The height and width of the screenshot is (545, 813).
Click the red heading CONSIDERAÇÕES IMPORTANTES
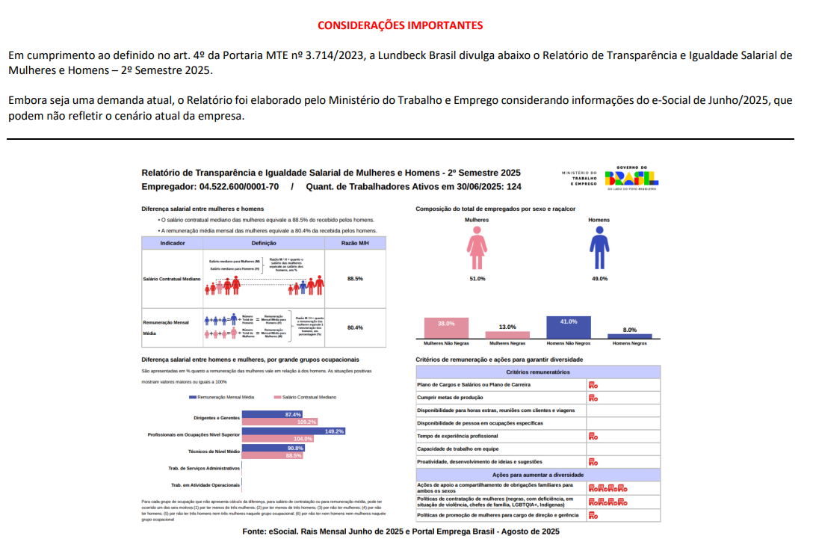pos(400,25)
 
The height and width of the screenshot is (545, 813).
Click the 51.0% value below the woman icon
pos(477,279)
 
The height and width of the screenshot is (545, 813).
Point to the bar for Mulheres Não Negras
pos(446,329)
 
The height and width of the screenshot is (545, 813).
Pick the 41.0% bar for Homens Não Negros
pos(568,327)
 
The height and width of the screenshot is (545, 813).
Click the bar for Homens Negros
pos(629,336)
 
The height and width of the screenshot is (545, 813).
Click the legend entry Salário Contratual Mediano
pos(306,398)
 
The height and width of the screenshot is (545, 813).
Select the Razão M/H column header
pos(355,243)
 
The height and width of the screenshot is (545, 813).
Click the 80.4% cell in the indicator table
pos(355,327)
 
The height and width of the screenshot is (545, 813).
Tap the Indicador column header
pos(173,243)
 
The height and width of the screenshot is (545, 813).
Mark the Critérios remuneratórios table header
pos(538,372)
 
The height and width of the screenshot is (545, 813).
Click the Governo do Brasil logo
pos(631,178)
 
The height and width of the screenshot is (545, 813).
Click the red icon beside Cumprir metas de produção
pos(593,398)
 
